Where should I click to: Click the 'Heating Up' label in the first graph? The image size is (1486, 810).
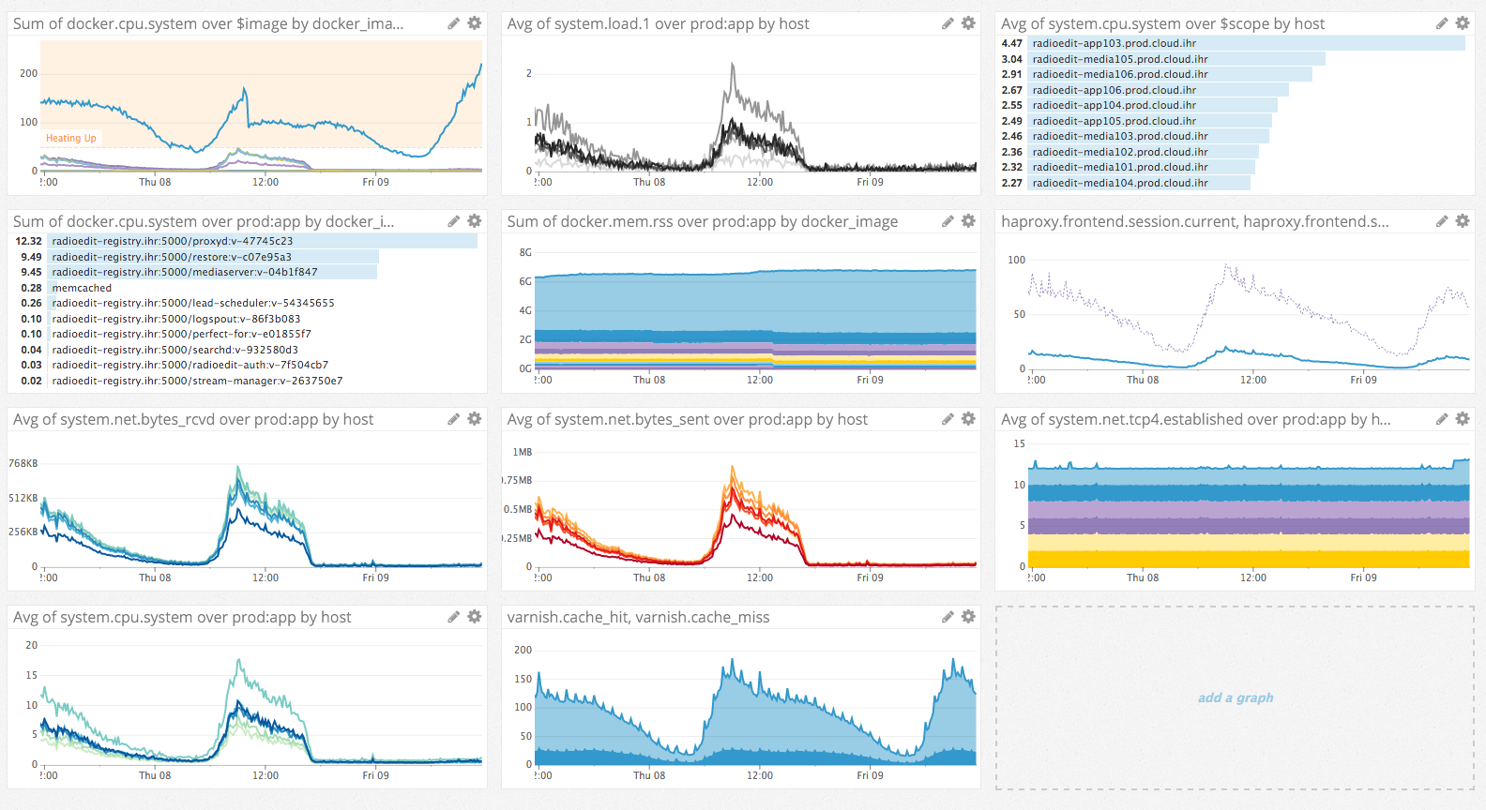click(x=71, y=138)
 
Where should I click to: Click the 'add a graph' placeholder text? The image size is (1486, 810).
click(x=1235, y=697)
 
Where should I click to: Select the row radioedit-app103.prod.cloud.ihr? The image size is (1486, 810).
click(x=1114, y=43)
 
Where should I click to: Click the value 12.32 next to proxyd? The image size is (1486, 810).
click(x=29, y=241)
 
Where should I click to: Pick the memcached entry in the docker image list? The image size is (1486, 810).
click(x=82, y=288)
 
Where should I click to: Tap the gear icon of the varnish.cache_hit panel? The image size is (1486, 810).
click(x=968, y=616)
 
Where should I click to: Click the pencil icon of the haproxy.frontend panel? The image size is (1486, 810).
click(x=1442, y=221)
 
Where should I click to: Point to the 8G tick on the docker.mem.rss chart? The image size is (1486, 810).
click(x=525, y=252)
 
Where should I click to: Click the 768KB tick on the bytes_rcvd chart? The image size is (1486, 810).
click(x=23, y=463)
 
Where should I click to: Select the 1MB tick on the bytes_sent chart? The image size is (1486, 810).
click(x=522, y=452)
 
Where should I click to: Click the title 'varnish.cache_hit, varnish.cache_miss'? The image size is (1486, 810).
click(x=638, y=617)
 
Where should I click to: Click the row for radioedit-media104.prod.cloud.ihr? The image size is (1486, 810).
click(x=1119, y=183)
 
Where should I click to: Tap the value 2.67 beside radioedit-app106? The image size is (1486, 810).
click(x=1011, y=90)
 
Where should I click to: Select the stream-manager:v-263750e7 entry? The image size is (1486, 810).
click(x=197, y=381)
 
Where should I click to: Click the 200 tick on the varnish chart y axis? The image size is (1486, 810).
click(x=523, y=650)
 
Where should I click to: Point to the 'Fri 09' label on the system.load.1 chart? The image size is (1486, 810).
click(x=870, y=182)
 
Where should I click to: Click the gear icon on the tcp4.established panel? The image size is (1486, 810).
click(x=1462, y=418)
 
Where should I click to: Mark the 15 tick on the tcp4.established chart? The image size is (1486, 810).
click(x=1019, y=443)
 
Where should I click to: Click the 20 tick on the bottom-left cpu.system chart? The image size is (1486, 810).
click(x=32, y=645)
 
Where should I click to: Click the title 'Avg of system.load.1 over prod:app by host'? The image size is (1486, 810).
click(x=658, y=23)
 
